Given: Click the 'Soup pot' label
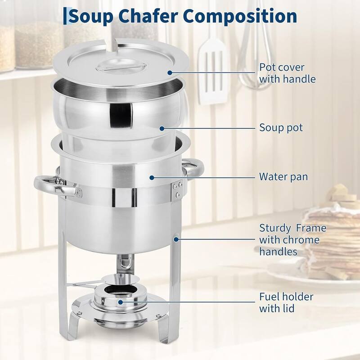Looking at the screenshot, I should pos(281,128).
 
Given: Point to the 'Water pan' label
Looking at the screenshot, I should pos(283,176).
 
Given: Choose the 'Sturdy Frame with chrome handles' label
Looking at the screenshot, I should pos(292,240).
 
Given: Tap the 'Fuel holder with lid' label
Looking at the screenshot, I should pos(286,302).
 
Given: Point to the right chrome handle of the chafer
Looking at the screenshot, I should pos(191,169).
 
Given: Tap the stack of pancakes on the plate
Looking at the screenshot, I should pos(333,243).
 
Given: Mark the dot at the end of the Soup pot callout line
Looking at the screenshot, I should pos(161,128).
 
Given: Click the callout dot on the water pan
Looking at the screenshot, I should pos(152,177).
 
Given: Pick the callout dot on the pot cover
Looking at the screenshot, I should pos(170,72).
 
